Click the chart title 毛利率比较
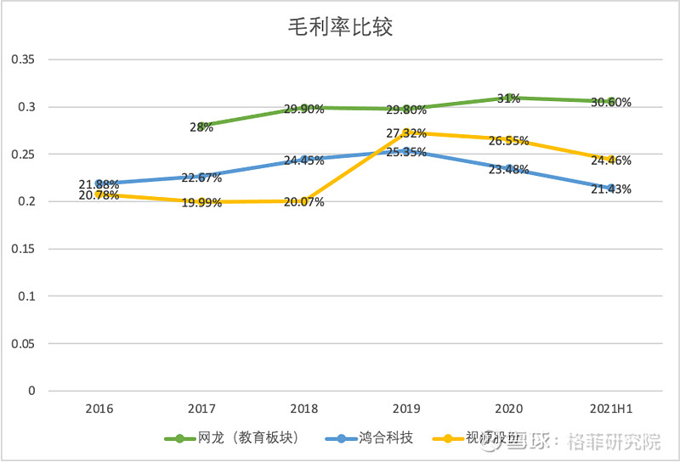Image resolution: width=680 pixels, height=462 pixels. [340, 28]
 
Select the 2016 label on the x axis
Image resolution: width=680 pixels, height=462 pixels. [99, 408]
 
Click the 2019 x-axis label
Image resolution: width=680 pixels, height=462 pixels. [405, 408]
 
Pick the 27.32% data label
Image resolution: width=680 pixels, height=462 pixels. [405, 134]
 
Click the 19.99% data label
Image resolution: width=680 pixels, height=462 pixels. [201, 202]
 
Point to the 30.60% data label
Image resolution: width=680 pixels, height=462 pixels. [610, 103]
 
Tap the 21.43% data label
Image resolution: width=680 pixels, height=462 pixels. [610, 189]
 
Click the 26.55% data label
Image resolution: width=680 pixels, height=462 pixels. [508, 141]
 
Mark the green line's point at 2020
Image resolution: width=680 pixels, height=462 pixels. [508, 98]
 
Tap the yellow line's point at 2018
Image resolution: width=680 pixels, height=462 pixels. [303, 201]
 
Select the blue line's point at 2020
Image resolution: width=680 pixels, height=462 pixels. [508, 168]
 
